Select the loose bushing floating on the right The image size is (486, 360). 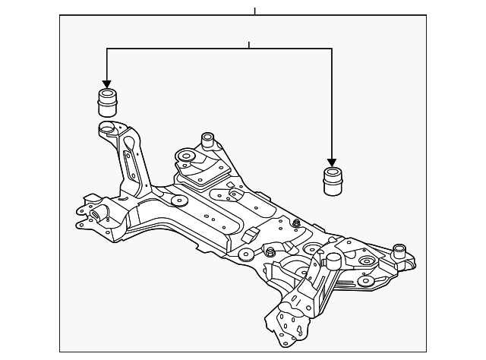331,182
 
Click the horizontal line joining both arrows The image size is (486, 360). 220,49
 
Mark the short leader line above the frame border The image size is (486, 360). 255,10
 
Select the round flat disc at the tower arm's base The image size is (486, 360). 180,202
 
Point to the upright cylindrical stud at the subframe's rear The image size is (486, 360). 205,141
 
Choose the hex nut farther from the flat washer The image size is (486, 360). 296,223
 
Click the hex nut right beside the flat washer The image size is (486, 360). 270,251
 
